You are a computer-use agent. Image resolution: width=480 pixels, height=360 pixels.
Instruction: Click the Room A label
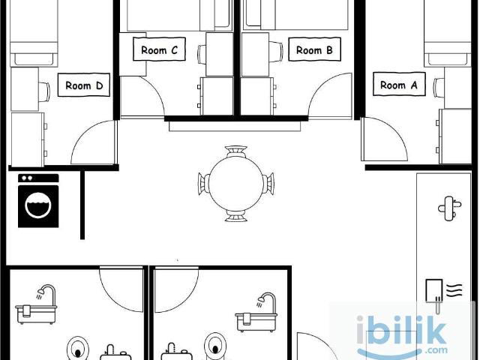coord(399,84)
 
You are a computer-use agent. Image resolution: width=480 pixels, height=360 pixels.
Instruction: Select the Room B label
coord(314,49)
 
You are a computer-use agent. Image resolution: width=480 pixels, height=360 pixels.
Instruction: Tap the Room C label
coord(159,49)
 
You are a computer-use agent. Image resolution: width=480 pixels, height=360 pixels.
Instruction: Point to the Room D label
coord(84,85)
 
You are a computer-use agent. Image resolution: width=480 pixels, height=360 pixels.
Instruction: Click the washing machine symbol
coord(38,201)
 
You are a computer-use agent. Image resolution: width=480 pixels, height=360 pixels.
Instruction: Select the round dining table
coord(236,183)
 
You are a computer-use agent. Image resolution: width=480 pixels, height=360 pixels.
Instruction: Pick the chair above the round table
coord(236,151)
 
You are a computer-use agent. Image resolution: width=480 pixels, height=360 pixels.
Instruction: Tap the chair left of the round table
coord(204,183)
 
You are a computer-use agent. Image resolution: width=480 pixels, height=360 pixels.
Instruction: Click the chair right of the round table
coord(268,183)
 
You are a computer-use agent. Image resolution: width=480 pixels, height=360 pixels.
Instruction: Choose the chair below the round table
coord(236,215)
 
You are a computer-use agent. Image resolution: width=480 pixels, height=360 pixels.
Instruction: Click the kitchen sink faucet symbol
coord(449,208)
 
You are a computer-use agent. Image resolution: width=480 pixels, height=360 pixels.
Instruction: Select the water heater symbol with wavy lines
coord(443,295)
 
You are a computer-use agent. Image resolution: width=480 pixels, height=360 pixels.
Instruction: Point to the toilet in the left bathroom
coord(78,348)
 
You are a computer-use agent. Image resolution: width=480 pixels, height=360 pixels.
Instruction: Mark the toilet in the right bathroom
coord(214,346)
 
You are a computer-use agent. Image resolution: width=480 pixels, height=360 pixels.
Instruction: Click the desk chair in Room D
coord(44,91)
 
